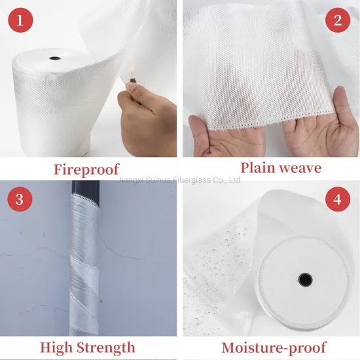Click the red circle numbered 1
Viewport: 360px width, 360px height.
[x=20, y=20]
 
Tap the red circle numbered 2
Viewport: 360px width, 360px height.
[x=338, y=20]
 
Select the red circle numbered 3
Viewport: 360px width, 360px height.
[x=20, y=199]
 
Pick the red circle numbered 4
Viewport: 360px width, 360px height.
[x=338, y=199]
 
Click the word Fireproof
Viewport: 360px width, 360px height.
[x=86, y=170]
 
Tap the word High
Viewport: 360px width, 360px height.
[x=56, y=348]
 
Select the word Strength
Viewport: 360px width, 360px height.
[x=105, y=348]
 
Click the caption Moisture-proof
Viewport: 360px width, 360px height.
[x=274, y=348]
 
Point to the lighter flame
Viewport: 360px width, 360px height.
[x=132, y=71]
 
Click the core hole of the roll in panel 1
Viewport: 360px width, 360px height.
[x=55, y=58]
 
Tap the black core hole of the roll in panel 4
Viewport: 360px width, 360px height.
[x=305, y=279]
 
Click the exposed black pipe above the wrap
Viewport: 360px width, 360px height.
[x=86, y=188]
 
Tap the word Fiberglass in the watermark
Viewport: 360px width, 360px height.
[x=192, y=180]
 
